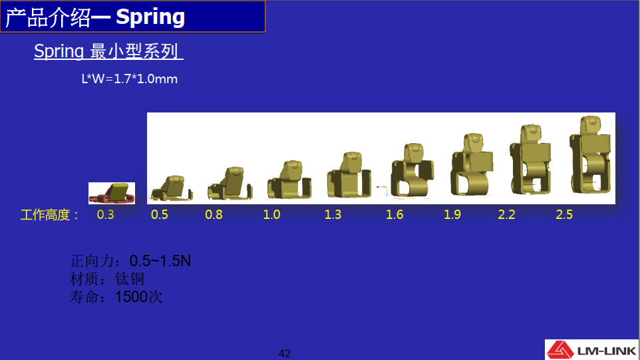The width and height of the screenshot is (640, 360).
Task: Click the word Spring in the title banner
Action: (150, 17)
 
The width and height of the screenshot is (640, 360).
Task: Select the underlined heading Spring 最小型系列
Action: (108, 51)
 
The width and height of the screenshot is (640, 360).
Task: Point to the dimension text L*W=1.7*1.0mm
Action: (129, 79)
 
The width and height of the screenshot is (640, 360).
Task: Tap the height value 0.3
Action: (105, 215)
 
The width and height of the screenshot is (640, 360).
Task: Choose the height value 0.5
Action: (160, 215)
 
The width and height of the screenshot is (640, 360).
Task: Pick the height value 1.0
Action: (271, 215)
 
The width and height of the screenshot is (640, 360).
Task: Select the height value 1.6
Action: (395, 215)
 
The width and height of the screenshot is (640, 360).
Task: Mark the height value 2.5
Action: (564, 215)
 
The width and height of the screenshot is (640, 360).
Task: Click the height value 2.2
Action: (506, 215)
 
